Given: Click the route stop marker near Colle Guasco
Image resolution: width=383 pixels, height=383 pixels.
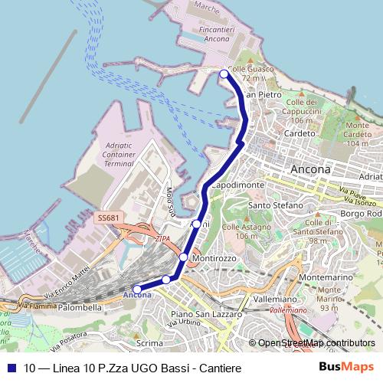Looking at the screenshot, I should tap(224, 74).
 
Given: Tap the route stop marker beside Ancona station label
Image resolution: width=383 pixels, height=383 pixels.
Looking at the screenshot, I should tap(137, 290).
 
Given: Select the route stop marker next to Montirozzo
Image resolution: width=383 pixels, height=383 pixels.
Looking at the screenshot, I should tap(184, 257).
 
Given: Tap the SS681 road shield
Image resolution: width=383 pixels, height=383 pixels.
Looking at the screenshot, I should tap(108, 218).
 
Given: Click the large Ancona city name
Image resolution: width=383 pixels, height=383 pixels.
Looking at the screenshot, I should tap(311, 169).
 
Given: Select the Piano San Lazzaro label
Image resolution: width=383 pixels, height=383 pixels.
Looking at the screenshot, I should tap(206, 314).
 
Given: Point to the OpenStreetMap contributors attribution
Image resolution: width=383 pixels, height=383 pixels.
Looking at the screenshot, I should tap(316, 343).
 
